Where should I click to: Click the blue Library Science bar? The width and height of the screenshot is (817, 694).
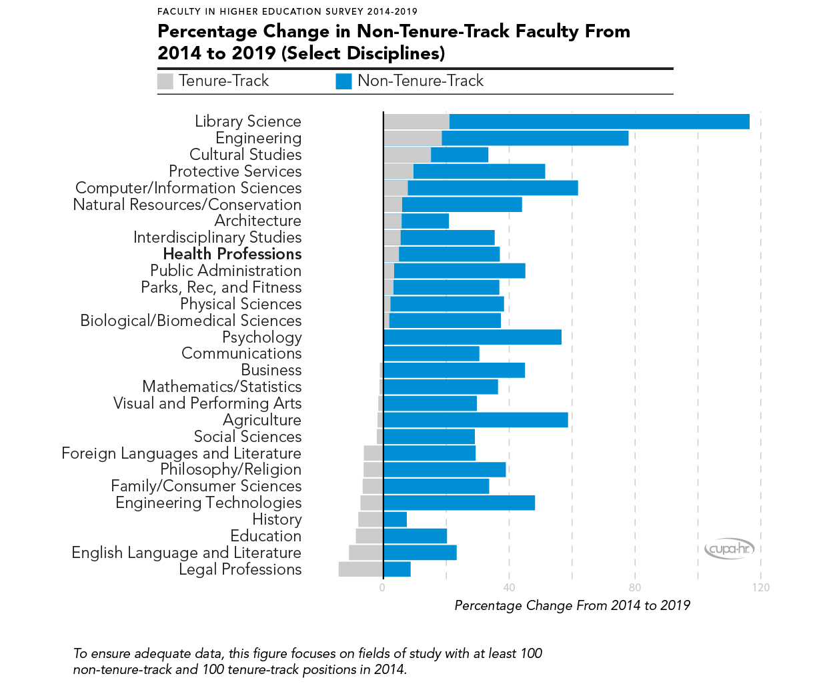[599, 121]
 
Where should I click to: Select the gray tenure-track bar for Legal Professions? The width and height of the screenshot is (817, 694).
[361, 569]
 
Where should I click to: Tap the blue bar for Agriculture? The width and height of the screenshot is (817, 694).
[476, 420]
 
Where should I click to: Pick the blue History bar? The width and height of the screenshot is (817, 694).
[395, 519]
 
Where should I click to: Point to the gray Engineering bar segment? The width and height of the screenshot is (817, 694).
[412, 138]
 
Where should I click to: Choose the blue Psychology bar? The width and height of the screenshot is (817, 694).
[472, 337]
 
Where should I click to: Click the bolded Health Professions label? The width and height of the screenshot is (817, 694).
[232, 254]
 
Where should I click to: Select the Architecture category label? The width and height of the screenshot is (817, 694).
[257, 221]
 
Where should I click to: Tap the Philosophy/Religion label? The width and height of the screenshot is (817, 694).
[230, 469]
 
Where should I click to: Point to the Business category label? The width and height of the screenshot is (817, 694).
[271, 370]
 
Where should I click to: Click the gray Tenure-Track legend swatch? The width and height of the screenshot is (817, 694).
[165, 81]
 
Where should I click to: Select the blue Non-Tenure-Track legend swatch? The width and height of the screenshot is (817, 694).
[343, 81]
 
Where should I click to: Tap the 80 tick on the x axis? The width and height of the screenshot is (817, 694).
[635, 587]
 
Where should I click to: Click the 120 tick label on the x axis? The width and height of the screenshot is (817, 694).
[760, 587]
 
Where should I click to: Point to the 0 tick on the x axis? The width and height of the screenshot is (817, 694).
[382, 587]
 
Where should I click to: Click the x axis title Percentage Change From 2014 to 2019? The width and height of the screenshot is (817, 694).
[572, 605]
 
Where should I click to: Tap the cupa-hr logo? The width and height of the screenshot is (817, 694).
[729, 549]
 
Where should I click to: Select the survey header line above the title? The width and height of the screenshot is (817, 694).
[287, 11]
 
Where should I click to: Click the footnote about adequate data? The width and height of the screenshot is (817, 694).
[307, 661]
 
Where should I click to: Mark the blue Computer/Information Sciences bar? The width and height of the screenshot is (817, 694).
[492, 188]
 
